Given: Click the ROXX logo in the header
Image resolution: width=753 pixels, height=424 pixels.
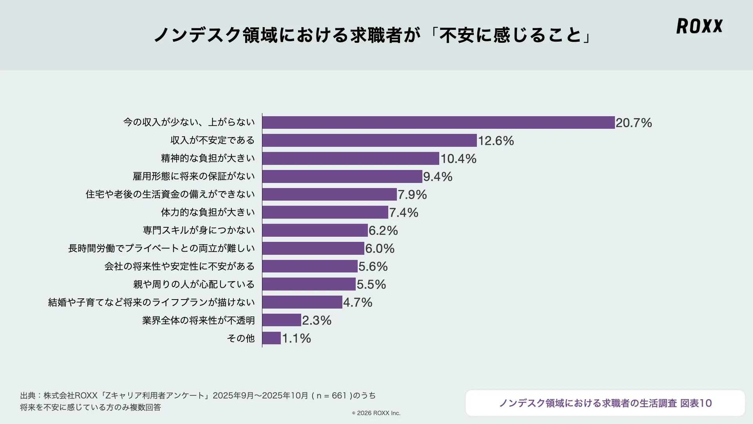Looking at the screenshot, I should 699,26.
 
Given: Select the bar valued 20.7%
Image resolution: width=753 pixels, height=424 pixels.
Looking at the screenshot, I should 438,122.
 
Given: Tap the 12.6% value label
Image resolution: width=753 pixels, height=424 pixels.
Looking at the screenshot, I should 496,141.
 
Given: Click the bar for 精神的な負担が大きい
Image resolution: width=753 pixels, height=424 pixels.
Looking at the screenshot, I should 351,159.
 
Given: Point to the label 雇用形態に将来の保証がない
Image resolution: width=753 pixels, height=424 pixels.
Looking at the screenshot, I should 194,176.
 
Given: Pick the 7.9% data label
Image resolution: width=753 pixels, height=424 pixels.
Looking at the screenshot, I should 412,194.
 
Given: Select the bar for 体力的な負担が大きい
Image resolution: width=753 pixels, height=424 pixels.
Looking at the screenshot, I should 325,212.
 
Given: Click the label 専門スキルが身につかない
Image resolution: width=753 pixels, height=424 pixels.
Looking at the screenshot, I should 199,230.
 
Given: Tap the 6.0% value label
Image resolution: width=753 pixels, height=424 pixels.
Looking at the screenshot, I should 380,249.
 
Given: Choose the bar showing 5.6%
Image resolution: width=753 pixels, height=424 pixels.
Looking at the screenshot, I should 310,266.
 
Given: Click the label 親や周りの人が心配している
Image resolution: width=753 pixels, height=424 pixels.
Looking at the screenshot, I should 194,284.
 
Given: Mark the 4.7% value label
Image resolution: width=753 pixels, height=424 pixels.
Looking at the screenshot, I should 358,302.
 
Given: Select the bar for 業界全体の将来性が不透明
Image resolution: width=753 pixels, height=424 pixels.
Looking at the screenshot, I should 282,320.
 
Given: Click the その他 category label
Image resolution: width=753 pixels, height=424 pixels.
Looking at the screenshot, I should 241,338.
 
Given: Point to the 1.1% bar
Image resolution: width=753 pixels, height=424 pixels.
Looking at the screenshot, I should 271,338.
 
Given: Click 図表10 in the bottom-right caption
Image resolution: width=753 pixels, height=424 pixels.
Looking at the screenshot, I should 696,403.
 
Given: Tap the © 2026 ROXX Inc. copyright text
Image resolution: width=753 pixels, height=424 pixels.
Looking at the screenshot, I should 376,413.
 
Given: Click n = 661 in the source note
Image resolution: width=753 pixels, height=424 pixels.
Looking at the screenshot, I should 331,396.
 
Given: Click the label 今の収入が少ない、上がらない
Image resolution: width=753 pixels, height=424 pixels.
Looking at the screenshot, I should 189,122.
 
